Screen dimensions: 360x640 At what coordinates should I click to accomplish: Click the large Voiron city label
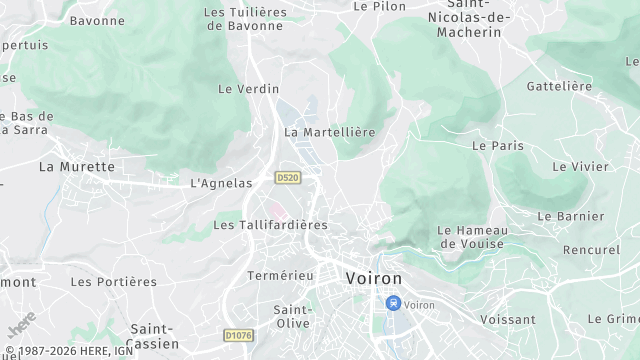coord(373,278)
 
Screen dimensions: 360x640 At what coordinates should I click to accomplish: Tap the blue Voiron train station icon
coord(394,303)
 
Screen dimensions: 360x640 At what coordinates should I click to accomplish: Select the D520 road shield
coord(288,177)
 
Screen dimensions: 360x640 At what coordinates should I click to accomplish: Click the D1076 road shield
coord(238,335)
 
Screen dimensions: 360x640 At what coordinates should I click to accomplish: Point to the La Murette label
coord(77,166)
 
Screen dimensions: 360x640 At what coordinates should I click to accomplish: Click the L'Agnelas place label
coord(219,183)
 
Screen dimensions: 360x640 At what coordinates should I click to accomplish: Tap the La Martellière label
coord(329,132)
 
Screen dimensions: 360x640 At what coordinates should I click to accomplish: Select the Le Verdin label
coord(248,88)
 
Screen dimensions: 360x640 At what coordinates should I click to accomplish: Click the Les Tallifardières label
coord(270,226)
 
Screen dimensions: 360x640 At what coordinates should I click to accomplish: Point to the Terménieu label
coord(280,275)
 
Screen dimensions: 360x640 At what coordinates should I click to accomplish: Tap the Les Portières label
coord(113,282)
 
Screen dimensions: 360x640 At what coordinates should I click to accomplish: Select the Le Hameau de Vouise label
coord(472,237)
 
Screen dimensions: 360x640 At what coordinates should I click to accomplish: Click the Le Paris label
coord(498,145)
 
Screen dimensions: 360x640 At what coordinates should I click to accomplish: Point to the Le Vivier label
coord(580,166)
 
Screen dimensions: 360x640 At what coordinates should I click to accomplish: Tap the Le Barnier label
coord(570,216)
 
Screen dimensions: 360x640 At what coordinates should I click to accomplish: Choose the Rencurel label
coord(591,249)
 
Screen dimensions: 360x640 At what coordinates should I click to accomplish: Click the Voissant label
coord(508,320)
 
